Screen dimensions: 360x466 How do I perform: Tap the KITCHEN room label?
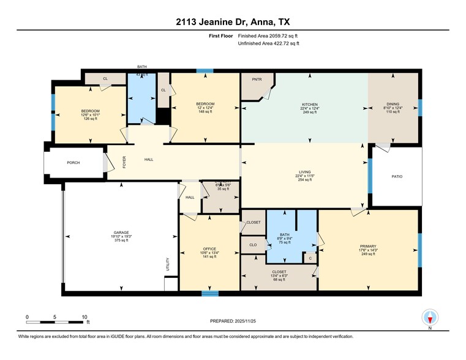[309, 105]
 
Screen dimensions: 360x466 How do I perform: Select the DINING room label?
[393, 105]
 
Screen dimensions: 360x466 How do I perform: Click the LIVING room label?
[304, 173]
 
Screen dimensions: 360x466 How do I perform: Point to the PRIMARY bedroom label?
[367, 247]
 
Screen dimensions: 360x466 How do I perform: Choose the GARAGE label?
[121, 233]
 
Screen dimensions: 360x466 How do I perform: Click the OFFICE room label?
[209, 249]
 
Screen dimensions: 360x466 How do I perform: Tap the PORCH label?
[73, 163]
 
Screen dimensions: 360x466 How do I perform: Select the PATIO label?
[397, 176]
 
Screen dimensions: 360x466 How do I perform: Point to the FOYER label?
[124, 162]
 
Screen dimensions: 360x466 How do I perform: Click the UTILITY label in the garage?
[167, 265]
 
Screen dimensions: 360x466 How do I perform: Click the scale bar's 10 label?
[84, 317]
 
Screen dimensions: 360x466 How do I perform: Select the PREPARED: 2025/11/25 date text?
[233, 321]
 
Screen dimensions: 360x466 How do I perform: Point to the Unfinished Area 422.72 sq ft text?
[269, 43]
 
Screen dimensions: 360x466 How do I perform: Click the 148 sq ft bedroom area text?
[205, 112]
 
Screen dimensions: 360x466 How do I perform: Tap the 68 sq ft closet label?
[279, 280]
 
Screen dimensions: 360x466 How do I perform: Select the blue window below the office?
[209, 293]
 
